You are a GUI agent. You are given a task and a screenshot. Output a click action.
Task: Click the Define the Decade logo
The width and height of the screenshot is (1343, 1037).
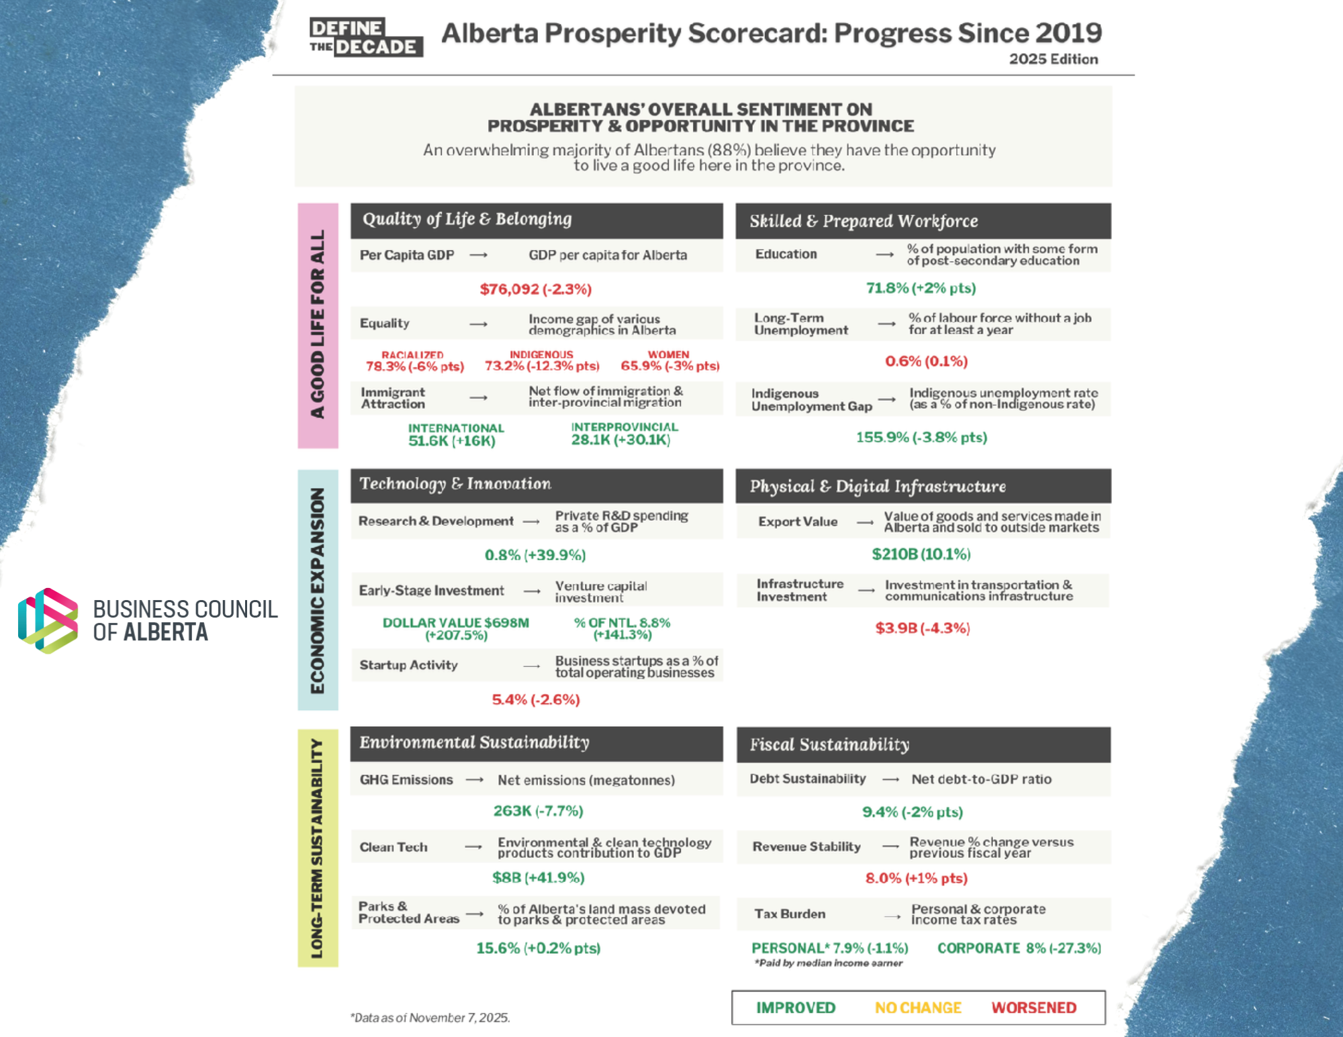coord(366,37)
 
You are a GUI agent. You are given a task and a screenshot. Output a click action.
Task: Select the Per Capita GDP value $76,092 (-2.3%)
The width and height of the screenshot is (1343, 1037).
coord(536,289)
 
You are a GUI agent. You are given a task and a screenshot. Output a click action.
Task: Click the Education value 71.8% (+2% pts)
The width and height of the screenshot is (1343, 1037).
coord(921,288)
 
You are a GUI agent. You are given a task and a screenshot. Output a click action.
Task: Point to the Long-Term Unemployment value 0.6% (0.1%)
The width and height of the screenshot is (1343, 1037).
coord(927,361)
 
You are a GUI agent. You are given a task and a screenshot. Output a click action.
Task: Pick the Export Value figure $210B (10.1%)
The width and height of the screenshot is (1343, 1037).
coord(921,554)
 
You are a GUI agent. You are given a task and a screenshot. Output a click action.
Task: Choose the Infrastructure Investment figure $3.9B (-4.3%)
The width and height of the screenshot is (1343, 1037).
coord(923,628)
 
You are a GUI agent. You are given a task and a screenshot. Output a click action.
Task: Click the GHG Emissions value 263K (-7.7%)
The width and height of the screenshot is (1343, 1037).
coord(539,811)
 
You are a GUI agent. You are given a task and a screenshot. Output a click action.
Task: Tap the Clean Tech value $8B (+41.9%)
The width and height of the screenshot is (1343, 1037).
coord(539,877)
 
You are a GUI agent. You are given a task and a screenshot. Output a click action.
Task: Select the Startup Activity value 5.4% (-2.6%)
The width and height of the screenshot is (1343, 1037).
coord(536,699)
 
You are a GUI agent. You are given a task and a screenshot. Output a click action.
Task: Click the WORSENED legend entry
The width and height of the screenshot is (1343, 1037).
coord(1034,1007)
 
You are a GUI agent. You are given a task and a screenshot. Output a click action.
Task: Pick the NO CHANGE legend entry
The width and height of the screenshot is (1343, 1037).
coord(918,1007)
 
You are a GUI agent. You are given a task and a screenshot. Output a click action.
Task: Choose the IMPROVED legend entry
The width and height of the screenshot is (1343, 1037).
coord(796,1007)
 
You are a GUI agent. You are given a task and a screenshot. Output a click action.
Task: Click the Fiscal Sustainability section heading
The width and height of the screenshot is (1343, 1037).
coord(830,744)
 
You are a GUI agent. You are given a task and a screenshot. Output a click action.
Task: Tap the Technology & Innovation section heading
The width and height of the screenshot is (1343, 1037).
coord(455,484)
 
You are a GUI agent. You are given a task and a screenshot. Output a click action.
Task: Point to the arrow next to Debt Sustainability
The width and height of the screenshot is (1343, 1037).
coord(891,779)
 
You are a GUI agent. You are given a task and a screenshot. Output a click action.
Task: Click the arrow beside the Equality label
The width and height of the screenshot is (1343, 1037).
coord(478,324)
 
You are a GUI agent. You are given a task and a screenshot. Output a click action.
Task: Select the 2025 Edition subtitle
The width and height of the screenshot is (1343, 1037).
coord(1054,59)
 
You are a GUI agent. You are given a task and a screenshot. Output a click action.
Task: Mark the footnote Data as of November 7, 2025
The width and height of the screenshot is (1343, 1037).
coord(430,1018)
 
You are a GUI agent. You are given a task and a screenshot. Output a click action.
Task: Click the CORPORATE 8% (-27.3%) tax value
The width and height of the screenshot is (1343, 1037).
coord(1019,948)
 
